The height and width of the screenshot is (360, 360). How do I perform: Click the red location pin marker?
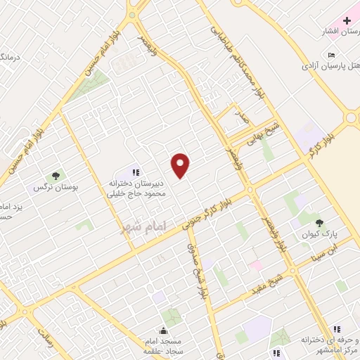181,165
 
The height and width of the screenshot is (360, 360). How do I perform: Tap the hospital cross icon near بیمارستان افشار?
347,21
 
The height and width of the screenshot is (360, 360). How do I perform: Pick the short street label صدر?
241,120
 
